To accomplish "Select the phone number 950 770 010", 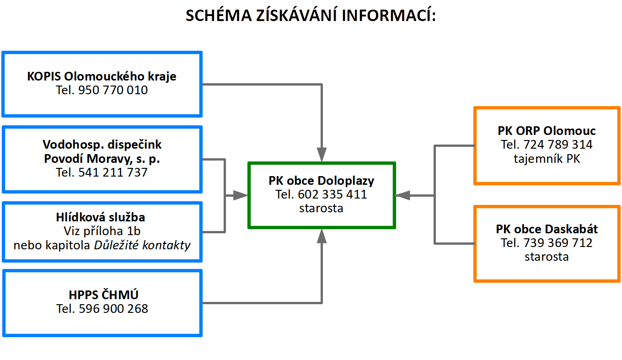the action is pyautogui.click(x=113, y=90).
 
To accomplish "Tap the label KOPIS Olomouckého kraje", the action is pyautogui.click(x=102, y=76).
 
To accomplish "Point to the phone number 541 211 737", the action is pyautogui.click(x=113, y=172).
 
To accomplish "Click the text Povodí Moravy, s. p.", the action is pyautogui.click(x=102, y=159).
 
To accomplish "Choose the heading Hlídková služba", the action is pyautogui.click(x=101, y=217).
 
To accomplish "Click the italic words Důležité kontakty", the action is pyautogui.click(x=142, y=245).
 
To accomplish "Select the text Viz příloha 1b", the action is pyautogui.click(x=102, y=231).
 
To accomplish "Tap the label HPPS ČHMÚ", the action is pyautogui.click(x=103, y=295).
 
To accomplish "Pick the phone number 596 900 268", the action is pyautogui.click(x=113, y=309).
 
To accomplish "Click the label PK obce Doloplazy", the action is pyautogui.click(x=321, y=181).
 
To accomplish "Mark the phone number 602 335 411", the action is pyautogui.click(x=332, y=194).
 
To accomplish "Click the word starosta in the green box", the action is pyautogui.click(x=321, y=208).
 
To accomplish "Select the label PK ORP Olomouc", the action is pyautogui.click(x=547, y=131).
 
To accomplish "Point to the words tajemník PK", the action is pyautogui.click(x=547, y=159).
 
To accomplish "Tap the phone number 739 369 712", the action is pyautogui.click(x=558, y=243).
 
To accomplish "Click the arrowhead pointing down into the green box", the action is pyautogui.click(x=322, y=155).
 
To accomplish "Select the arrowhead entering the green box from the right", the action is pyautogui.click(x=402, y=195).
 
